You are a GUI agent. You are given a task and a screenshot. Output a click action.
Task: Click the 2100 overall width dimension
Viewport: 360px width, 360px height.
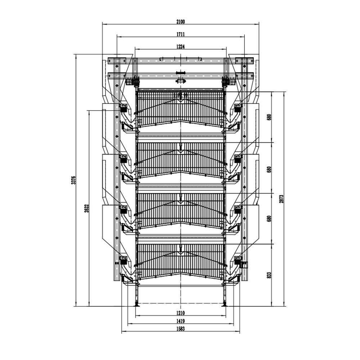pos(180,22)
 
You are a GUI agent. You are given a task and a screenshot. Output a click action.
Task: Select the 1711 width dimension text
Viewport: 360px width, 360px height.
pos(180,34)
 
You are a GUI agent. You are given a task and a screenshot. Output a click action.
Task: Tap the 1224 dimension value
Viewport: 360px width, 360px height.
pos(180,46)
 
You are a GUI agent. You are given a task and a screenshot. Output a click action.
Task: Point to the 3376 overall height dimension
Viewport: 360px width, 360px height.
pos(73,180)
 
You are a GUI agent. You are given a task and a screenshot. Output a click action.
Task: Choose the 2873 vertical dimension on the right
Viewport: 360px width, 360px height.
pos(282,199)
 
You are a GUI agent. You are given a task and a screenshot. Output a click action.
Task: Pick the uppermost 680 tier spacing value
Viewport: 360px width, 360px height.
pos(269,117)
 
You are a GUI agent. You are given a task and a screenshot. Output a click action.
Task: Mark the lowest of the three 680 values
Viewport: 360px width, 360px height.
pos(269,219)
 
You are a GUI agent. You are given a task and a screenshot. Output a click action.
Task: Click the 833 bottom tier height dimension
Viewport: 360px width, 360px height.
pos(269,275)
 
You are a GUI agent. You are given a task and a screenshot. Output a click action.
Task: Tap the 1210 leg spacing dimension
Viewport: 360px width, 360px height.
pos(180,313)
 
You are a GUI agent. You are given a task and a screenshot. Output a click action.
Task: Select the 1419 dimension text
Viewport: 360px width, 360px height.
pos(180,321)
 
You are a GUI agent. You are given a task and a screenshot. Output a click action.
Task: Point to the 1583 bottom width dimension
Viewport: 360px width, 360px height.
pos(180,329)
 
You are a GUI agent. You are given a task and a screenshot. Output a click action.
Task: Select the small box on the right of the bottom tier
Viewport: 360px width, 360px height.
pos(245,265)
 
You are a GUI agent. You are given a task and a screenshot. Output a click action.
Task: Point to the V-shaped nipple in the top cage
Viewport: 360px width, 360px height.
pos(180,102)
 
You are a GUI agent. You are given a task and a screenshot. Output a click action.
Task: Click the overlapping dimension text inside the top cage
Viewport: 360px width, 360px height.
pos(180,95)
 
